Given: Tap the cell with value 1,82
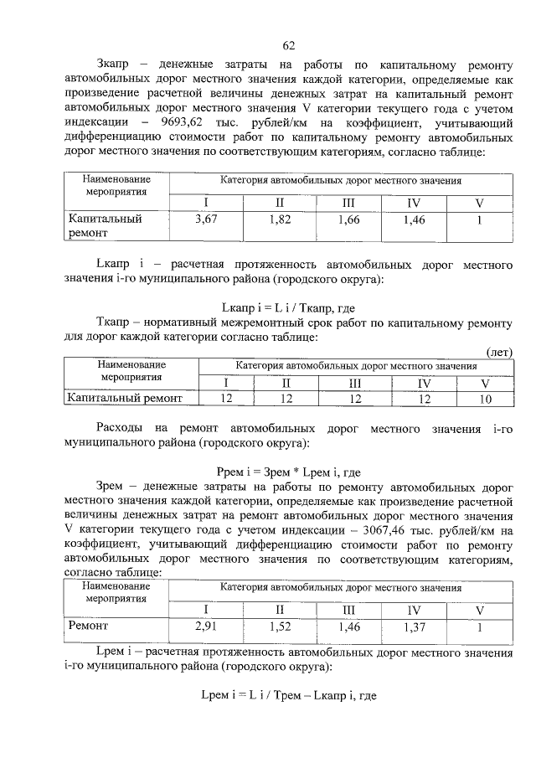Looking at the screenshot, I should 281,219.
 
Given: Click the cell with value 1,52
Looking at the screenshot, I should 281,627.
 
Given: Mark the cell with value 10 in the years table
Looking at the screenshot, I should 485,399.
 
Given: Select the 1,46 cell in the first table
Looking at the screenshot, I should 415,219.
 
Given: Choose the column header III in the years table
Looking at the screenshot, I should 358,383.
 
